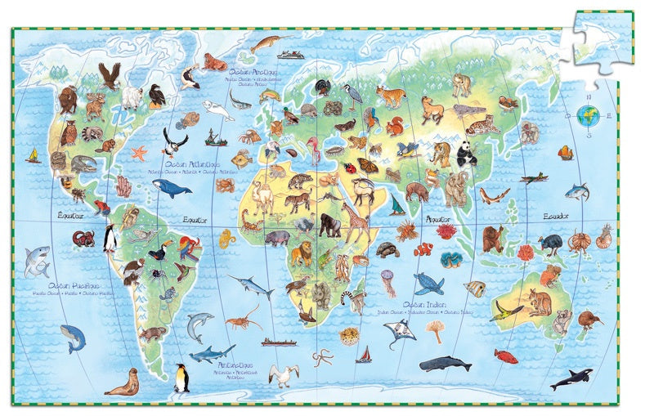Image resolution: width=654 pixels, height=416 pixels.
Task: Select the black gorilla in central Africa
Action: [x=329, y=226]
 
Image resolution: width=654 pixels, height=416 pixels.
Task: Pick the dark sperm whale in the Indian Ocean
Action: [x=445, y=363]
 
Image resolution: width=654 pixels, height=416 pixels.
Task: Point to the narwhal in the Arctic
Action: [x=267, y=42]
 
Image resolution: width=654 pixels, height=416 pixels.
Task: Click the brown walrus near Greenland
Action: [x=215, y=62]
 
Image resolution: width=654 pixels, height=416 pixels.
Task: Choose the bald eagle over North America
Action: [x=110, y=76]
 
